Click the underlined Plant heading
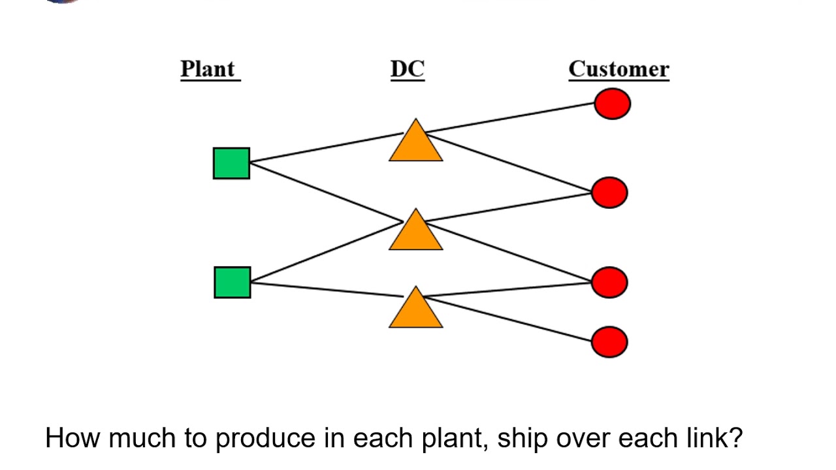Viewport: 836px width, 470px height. (x=209, y=69)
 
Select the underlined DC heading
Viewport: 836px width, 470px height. (x=408, y=69)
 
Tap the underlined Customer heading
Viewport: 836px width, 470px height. (x=619, y=69)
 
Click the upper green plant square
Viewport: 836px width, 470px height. (x=231, y=163)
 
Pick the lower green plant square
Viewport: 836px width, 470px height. (x=232, y=283)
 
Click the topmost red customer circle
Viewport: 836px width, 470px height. (x=612, y=104)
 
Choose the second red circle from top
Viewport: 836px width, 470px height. (x=609, y=193)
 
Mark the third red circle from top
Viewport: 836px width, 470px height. (x=609, y=282)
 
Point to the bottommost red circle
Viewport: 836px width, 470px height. (x=609, y=342)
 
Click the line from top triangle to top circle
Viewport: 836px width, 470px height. (x=509, y=119)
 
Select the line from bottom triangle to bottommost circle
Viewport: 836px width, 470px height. (x=509, y=319)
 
